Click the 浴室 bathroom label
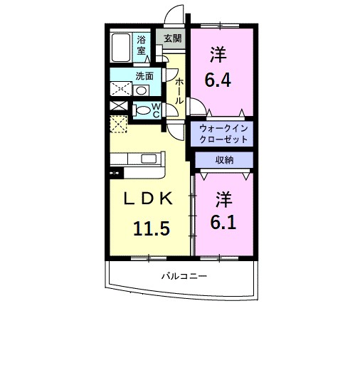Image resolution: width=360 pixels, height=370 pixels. [142, 45]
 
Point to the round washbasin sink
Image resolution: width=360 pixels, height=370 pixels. [142, 90]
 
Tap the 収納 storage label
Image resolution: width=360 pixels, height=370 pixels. [223, 160]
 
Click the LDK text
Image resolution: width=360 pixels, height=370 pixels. [149, 200]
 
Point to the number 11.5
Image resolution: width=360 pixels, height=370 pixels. [151, 228]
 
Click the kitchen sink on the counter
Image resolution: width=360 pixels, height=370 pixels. [149, 159]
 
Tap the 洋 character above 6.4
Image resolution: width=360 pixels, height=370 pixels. [219, 53]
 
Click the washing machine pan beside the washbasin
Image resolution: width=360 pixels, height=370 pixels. [120, 90]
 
